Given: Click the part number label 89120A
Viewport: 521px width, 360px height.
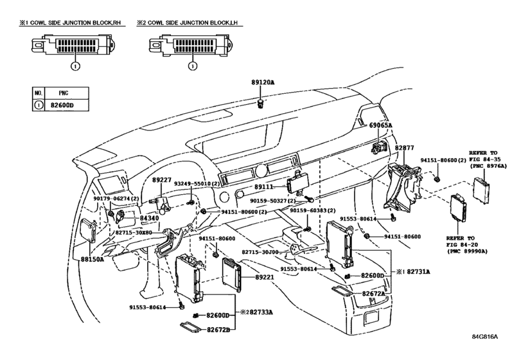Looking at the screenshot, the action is click(x=263, y=82).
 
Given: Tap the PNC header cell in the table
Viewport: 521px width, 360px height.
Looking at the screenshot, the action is click(x=66, y=93).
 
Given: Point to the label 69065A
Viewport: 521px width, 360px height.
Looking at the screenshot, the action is click(x=381, y=125).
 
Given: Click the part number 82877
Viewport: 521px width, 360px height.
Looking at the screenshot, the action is click(x=404, y=148).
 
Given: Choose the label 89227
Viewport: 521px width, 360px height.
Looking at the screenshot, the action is click(x=162, y=180).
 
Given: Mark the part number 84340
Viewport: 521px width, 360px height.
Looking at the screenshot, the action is click(x=149, y=218).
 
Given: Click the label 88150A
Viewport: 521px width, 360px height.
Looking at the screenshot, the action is click(x=92, y=259).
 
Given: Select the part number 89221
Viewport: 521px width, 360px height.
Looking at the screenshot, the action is click(x=265, y=276).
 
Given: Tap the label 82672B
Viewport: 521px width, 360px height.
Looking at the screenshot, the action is click(x=218, y=329).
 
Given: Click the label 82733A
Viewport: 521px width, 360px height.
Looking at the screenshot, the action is click(x=261, y=312).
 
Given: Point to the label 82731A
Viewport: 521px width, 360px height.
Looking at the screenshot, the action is click(x=418, y=271).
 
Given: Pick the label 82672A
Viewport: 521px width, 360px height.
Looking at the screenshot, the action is click(x=373, y=294).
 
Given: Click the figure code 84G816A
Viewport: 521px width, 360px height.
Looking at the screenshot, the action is click(x=485, y=336).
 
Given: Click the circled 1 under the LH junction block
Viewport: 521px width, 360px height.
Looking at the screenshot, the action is click(x=193, y=66).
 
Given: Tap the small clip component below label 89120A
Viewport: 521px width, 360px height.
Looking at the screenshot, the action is click(x=261, y=104).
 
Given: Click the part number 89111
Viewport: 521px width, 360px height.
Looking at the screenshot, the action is click(x=264, y=187).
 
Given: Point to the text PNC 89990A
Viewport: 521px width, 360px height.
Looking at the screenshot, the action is click(x=467, y=251).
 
